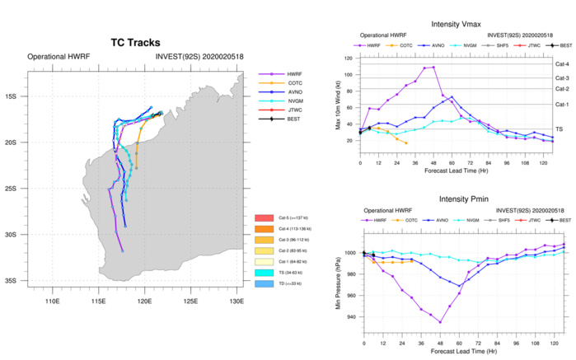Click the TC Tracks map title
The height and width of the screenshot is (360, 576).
(x=135, y=42)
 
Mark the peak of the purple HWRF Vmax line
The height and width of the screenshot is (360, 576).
(x=433, y=67)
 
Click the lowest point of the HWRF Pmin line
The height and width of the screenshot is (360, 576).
(x=440, y=322)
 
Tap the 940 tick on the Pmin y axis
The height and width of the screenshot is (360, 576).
(x=350, y=317)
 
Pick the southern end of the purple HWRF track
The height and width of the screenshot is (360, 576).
(x=123, y=251)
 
